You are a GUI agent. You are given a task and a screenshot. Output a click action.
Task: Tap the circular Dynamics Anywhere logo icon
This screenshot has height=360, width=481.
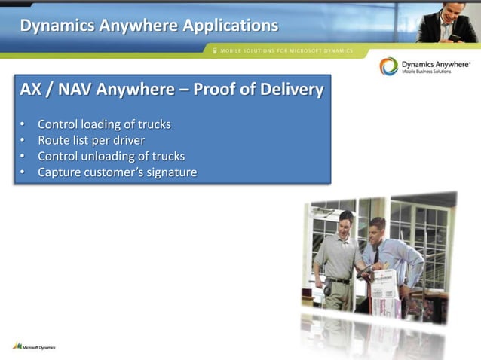point(389,67)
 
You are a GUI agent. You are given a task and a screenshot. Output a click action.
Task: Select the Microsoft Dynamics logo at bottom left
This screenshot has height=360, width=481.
point(34,346)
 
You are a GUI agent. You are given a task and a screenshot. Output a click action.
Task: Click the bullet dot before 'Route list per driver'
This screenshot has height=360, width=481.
point(22,140)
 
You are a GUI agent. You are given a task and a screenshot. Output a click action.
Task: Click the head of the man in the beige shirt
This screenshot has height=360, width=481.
point(345,221)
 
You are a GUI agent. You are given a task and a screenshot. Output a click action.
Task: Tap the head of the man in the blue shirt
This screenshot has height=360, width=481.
point(378,227)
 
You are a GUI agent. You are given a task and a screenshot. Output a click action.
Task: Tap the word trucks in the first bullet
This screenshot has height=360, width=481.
point(154,124)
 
